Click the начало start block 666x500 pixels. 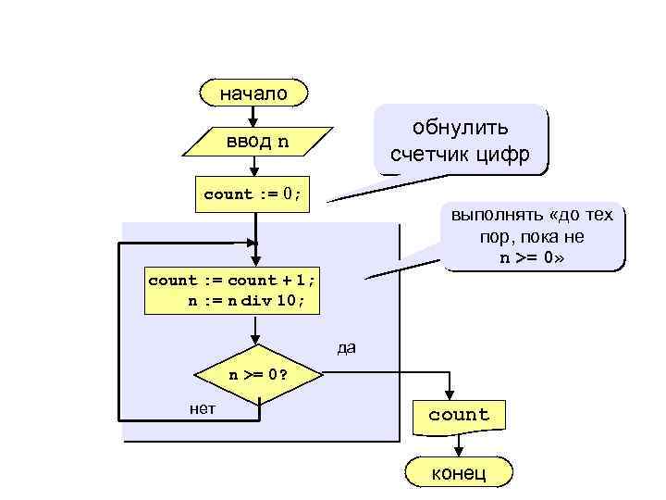253,93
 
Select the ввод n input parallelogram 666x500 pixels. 257,142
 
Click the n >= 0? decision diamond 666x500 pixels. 258,375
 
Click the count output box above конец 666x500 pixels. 459,415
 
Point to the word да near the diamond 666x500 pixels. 347,348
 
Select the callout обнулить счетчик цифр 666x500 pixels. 460,140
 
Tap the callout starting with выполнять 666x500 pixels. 532,237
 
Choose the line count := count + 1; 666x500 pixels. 232,280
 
